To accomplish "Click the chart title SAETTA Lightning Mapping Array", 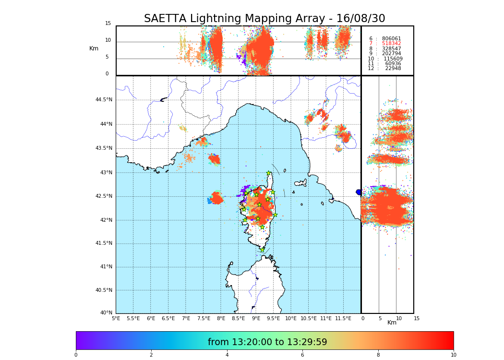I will (264, 19).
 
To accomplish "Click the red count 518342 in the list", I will (391, 44).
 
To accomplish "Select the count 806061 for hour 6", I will (391, 39).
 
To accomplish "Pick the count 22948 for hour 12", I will (393, 69).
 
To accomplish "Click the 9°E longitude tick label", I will (256, 318).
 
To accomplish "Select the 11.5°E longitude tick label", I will (343, 318).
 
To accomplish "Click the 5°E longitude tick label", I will (116, 318).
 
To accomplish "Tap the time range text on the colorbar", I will (267, 342).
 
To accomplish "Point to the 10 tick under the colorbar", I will (453, 355).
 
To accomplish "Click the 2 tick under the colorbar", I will (151, 355).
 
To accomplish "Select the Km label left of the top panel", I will (94, 48).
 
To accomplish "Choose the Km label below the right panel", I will (392, 323).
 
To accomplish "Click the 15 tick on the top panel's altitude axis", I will (108, 24).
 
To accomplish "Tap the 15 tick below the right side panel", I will (417, 318).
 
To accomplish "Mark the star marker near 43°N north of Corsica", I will (269, 173).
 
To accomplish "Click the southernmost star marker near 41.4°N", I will (262, 250).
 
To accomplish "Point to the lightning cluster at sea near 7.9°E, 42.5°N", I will (216, 198).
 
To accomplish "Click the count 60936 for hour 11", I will (393, 64).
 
